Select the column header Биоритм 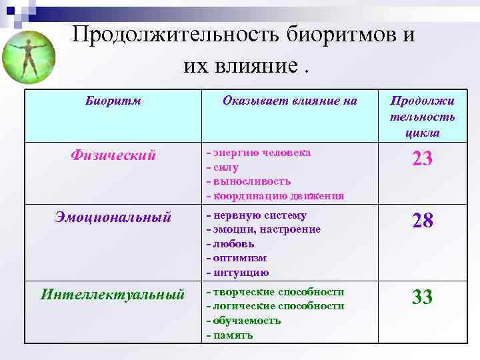point(113,101)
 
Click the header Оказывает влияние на point(290,101)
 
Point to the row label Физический point(113,155)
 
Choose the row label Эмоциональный point(113,217)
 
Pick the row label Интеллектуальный point(113,293)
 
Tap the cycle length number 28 point(422,221)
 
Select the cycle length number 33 point(422,297)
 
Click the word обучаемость point(247,320)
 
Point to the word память point(233,335)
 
